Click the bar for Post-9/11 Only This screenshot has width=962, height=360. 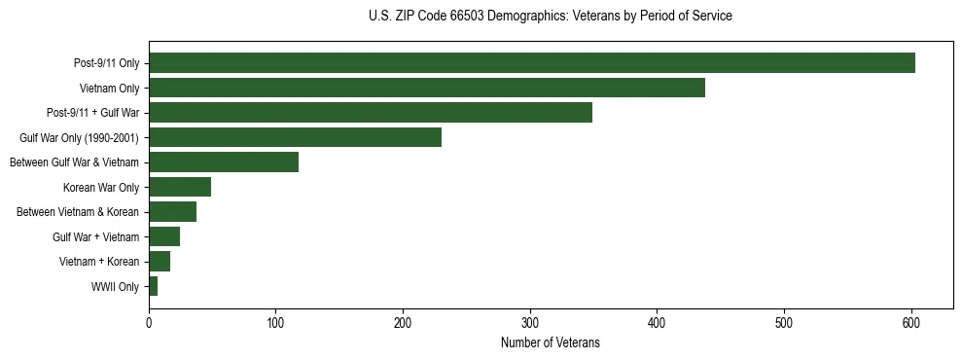(x=532, y=63)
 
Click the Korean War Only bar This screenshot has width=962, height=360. (x=180, y=187)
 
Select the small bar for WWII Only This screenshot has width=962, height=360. (x=153, y=286)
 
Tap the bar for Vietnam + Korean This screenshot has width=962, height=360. (x=160, y=262)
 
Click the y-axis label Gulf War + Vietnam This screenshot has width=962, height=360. (x=96, y=236)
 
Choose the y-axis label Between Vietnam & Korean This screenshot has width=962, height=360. (x=78, y=212)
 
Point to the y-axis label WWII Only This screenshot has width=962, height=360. (x=115, y=286)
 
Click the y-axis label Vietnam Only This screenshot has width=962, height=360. (x=109, y=89)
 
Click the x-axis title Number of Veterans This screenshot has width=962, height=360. (x=550, y=342)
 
